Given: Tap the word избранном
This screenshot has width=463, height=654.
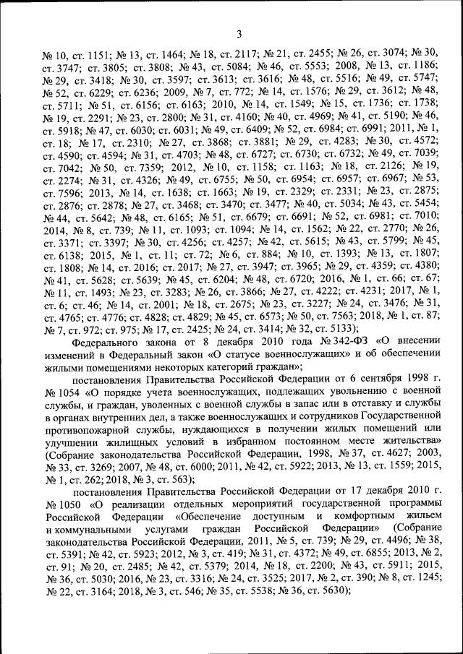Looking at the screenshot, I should point(238,449).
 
